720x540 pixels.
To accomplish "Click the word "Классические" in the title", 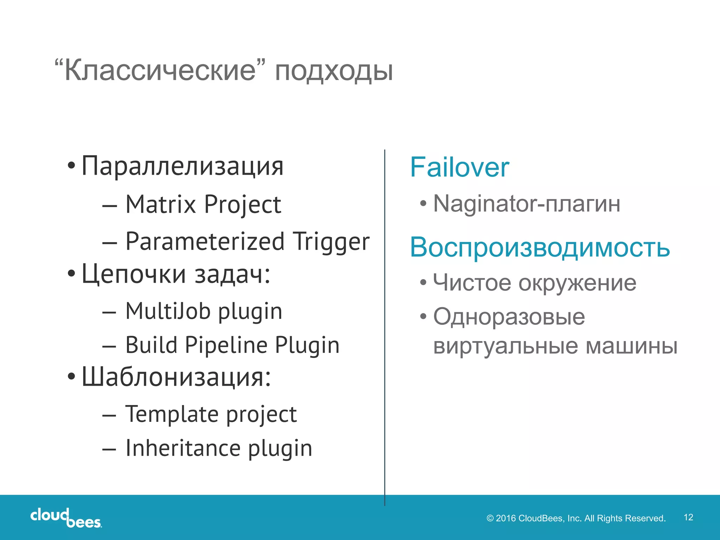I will pyautogui.click(x=160, y=70).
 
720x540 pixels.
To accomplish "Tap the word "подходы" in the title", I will pyautogui.click(x=334, y=71).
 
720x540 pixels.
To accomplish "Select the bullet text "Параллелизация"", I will pyautogui.click(x=182, y=166).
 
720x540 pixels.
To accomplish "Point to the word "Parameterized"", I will pyautogui.click(x=205, y=242).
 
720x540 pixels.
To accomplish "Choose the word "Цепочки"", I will pyautogui.click(x=134, y=274).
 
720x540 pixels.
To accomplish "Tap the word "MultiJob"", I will pyautogui.click(x=168, y=311).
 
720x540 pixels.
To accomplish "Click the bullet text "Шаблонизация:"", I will pyautogui.click(x=176, y=377).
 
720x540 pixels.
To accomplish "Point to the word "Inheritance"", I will pyautogui.click(x=183, y=448).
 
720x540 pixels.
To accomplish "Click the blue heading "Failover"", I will pyautogui.click(x=459, y=167).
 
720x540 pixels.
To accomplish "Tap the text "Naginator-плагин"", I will pyautogui.click(x=526, y=204).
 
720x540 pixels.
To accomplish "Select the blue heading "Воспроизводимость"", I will pyautogui.click(x=540, y=247).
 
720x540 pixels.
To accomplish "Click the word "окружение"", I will pyautogui.click(x=577, y=283).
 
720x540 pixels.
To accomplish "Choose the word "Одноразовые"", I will pyautogui.click(x=509, y=317).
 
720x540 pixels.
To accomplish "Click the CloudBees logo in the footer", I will pyautogui.click(x=66, y=518).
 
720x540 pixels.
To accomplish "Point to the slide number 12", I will pyautogui.click(x=688, y=517).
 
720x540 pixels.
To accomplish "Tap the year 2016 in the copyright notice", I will pyautogui.click(x=506, y=518).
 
